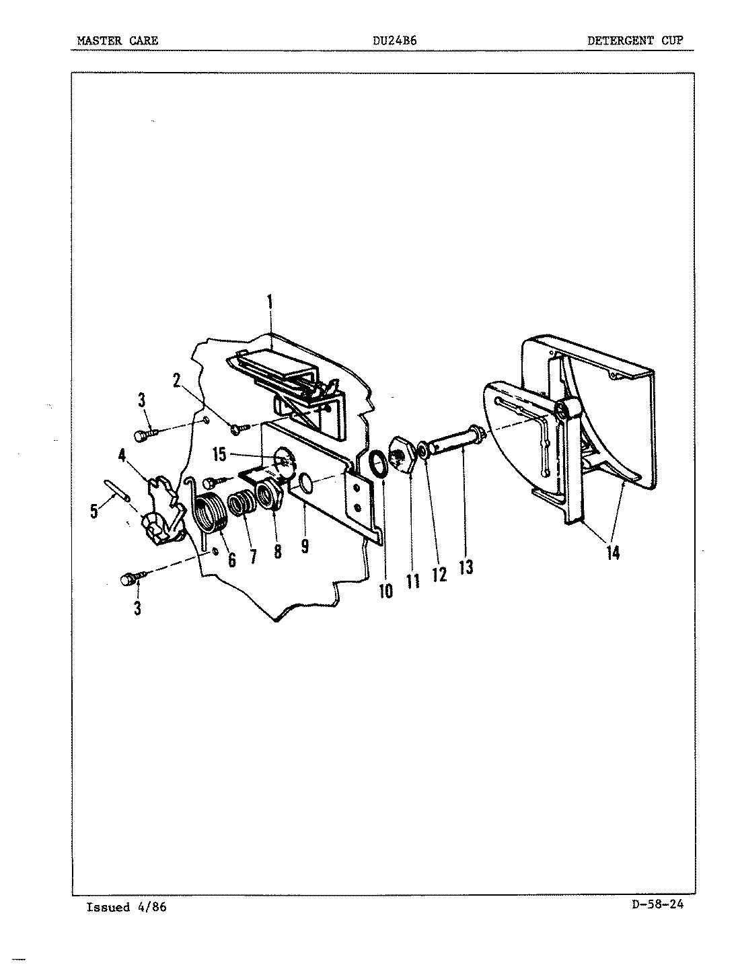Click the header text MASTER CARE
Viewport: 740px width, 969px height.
118,40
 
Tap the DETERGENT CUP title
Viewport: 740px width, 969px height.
634,40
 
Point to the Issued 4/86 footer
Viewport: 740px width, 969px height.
126,907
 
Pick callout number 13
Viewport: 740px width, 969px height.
466,567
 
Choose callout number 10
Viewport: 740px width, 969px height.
385,591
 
